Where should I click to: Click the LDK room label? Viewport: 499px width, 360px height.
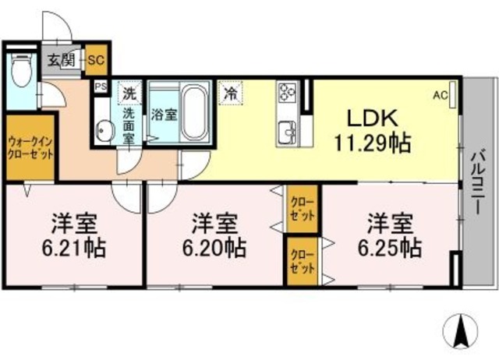[373, 119]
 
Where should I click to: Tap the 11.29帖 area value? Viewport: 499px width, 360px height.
[373, 143]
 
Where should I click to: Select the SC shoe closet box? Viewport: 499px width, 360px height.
[97, 58]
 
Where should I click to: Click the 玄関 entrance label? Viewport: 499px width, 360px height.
[62, 58]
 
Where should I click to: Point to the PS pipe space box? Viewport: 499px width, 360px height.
[101, 87]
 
